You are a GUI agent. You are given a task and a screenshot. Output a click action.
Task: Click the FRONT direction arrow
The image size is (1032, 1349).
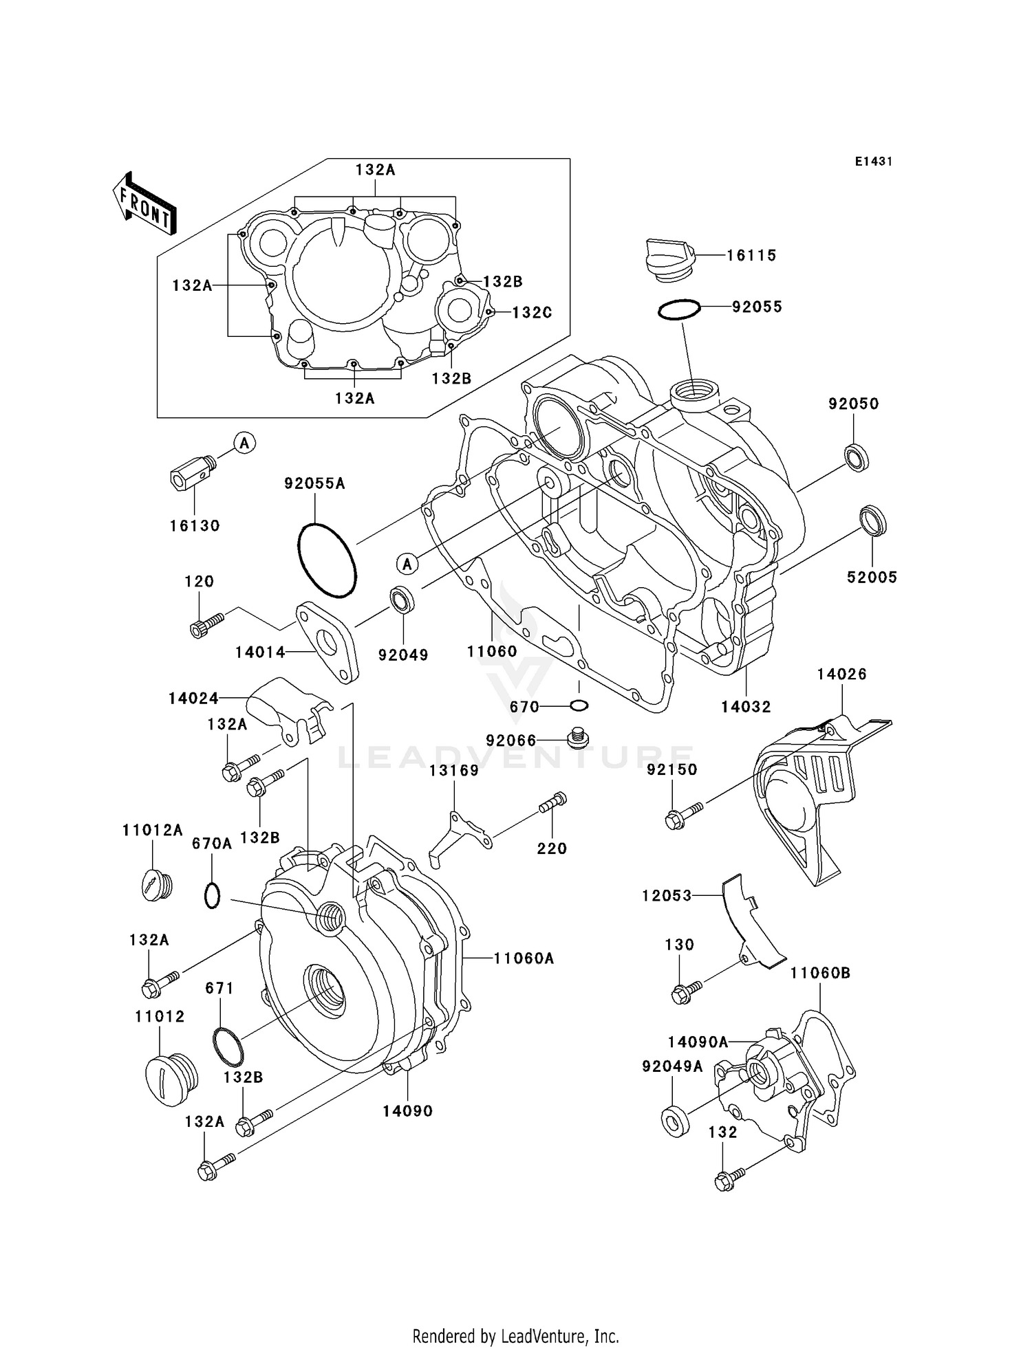(144, 204)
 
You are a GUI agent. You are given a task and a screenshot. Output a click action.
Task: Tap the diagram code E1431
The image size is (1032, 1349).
(873, 162)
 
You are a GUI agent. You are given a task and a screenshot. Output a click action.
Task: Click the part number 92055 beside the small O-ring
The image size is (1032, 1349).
(757, 307)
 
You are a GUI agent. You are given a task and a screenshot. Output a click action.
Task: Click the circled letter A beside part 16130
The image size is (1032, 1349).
(244, 443)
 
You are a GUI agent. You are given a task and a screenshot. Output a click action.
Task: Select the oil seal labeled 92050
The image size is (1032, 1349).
(856, 458)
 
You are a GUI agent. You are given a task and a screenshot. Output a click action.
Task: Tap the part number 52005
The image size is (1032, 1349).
(872, 578)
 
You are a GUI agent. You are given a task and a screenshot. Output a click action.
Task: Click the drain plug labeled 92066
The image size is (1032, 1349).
(577, 738)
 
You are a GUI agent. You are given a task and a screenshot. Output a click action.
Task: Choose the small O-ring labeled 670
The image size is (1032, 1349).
(579, 705)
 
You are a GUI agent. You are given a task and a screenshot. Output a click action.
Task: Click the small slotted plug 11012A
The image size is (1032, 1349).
(156, 884)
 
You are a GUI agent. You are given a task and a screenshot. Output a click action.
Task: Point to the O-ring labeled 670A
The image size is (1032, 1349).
(213, 895)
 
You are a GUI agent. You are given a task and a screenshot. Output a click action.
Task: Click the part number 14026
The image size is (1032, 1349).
(841, 674)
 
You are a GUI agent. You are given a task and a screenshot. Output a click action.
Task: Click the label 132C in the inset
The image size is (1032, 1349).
(532, 313)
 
